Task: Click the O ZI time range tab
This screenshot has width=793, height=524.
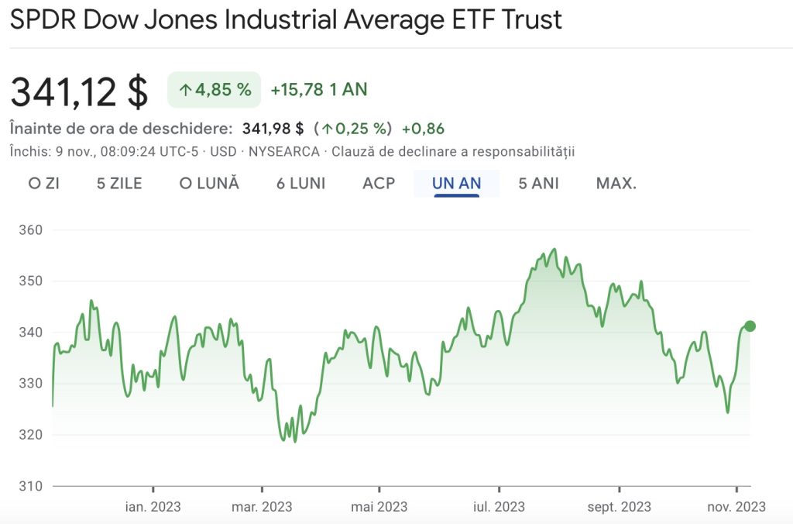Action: (44, 184)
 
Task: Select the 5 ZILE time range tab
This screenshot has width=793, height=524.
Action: (119, 184)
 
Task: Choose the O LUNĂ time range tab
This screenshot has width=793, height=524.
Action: (209, 184)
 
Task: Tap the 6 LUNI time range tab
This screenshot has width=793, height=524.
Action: (300, 184)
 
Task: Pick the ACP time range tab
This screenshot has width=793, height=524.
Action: (379, 184)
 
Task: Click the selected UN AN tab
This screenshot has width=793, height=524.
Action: (457, 184)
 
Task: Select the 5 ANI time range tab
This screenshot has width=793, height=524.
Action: (538, 184)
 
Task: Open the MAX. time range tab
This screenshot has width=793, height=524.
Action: (616, 184)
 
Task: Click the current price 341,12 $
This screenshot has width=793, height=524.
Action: (79, 91)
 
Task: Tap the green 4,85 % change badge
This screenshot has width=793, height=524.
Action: (215, 90)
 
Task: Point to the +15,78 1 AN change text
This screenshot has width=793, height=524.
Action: (318, 90)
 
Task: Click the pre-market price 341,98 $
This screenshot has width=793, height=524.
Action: (273, 129)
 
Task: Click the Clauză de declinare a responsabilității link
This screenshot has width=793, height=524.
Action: (453, 151)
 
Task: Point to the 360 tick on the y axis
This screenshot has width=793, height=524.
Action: (30, 230)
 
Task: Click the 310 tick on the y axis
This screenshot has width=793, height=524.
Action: (30, 486)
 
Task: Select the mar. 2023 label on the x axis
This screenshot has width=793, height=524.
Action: (262, 507)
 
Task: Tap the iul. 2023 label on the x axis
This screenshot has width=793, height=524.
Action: (499, 507)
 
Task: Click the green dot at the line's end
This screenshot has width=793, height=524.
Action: (750, 326)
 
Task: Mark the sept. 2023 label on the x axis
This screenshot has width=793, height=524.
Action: (620, 507)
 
